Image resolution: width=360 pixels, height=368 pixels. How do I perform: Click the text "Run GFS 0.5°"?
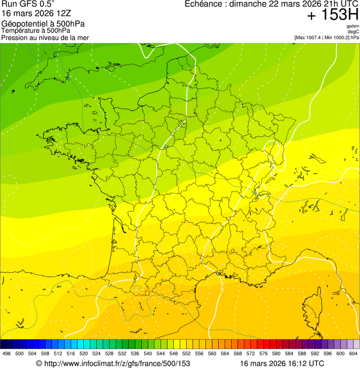[x=28, y=5]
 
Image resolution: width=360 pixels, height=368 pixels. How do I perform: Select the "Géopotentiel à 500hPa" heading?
[x=44, y=24]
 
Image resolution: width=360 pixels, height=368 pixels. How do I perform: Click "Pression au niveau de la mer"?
[x=45, y=37]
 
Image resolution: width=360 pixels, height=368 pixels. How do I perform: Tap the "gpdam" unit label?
[x=353, y=26]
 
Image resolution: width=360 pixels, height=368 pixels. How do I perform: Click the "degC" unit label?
[x=353, y=32]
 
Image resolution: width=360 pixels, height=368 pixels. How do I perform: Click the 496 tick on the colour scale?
[x=7, y=353]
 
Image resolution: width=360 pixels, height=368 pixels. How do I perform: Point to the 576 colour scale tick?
[x=264, y=353]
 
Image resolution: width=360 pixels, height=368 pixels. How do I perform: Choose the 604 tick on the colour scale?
[x=353, y=353]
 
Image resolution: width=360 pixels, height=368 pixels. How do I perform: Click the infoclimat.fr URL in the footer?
[x=117, y=363]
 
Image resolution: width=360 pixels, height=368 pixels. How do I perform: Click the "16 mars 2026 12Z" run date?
[x=37, y=14]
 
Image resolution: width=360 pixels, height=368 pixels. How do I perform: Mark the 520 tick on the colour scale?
[x=84, y=353]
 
